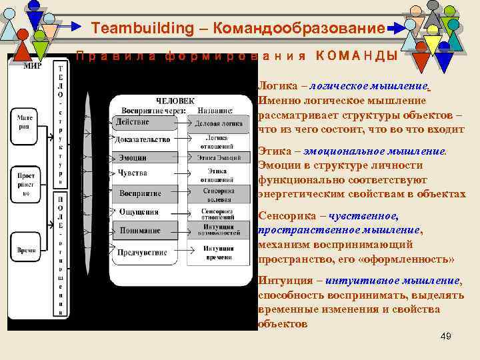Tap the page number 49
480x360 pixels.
[x=446, y=336]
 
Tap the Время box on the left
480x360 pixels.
[x=27, y=250]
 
